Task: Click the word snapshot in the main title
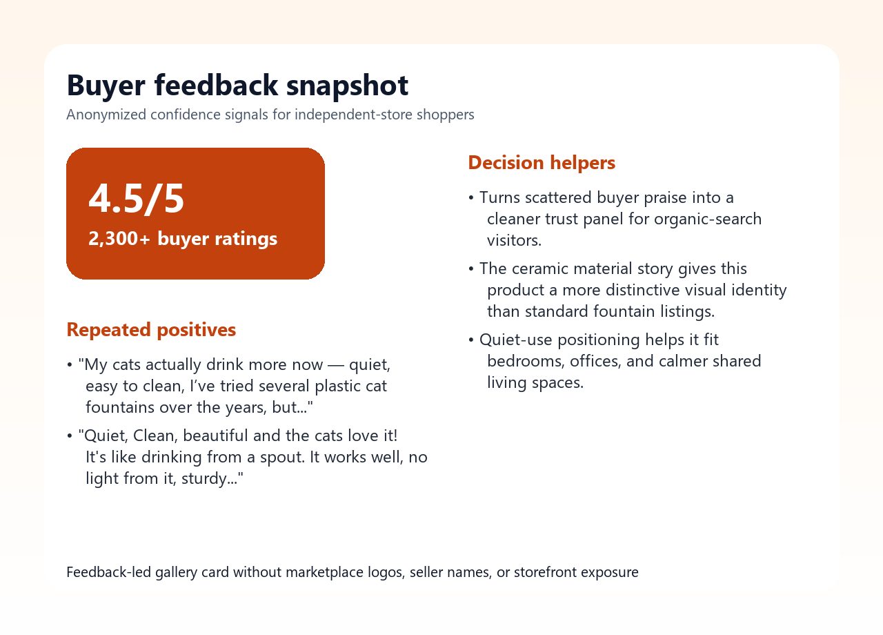(347, 86)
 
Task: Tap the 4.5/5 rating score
(137, 199)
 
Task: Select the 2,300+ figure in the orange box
(119, 239)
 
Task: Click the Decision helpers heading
(542, 163)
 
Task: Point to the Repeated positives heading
(151, 330)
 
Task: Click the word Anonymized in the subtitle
(106, 115)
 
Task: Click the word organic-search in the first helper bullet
(708, 219)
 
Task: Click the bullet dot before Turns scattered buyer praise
(471, 198)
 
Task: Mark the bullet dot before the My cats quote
(70, 365)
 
